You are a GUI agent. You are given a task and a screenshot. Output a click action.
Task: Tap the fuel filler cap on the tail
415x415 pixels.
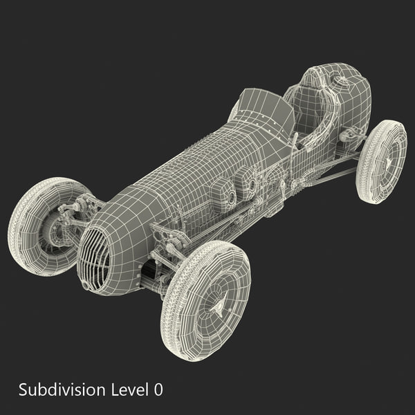point(340,81)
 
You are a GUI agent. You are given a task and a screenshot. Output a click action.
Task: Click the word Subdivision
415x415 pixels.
point(62,389)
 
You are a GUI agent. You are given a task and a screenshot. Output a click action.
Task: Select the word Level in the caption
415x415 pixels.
point(129,389)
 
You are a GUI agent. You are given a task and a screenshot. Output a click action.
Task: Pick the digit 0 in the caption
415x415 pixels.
point(159,389)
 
